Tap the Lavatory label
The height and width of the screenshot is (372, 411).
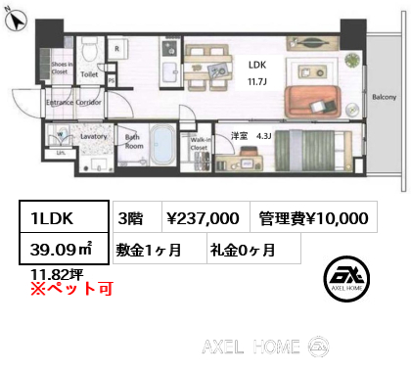(x=94, y=138)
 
